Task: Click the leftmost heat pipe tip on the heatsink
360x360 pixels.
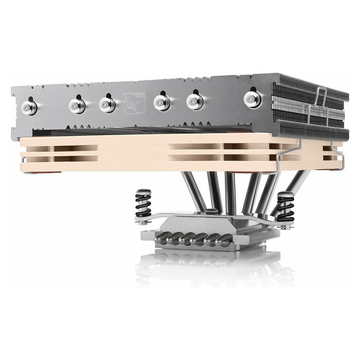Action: [x=30, y=107]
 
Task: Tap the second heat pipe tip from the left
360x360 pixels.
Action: [x=77, y=105]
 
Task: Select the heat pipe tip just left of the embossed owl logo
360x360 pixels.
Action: [x=107, y=104]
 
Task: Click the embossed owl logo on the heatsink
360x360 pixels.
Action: [x=135, y=103]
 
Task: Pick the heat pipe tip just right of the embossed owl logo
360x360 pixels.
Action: [x=162, y=103]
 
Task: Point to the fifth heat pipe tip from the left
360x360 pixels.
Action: [x=195, y=100]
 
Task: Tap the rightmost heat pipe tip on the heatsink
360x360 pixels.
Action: [x=252, y=98]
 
